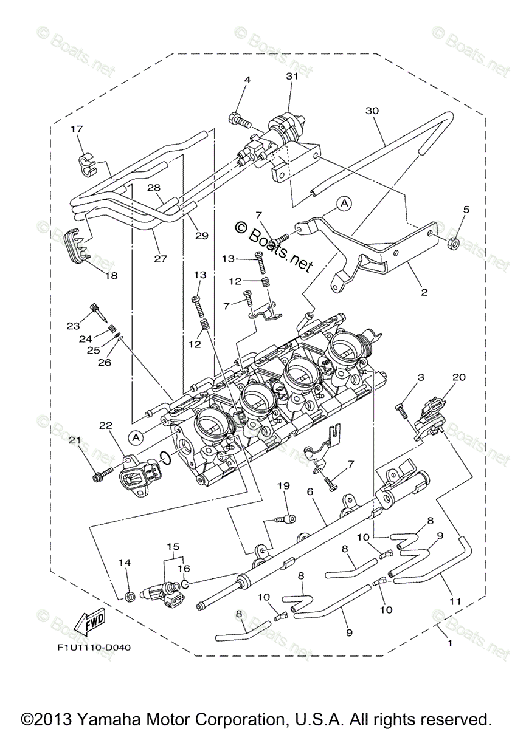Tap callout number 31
pyautogui.click(x=292, y=76)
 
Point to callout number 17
pyautogui.click(x=77, y=129)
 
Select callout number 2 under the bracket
pyautogui.click(x=424, y=292)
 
